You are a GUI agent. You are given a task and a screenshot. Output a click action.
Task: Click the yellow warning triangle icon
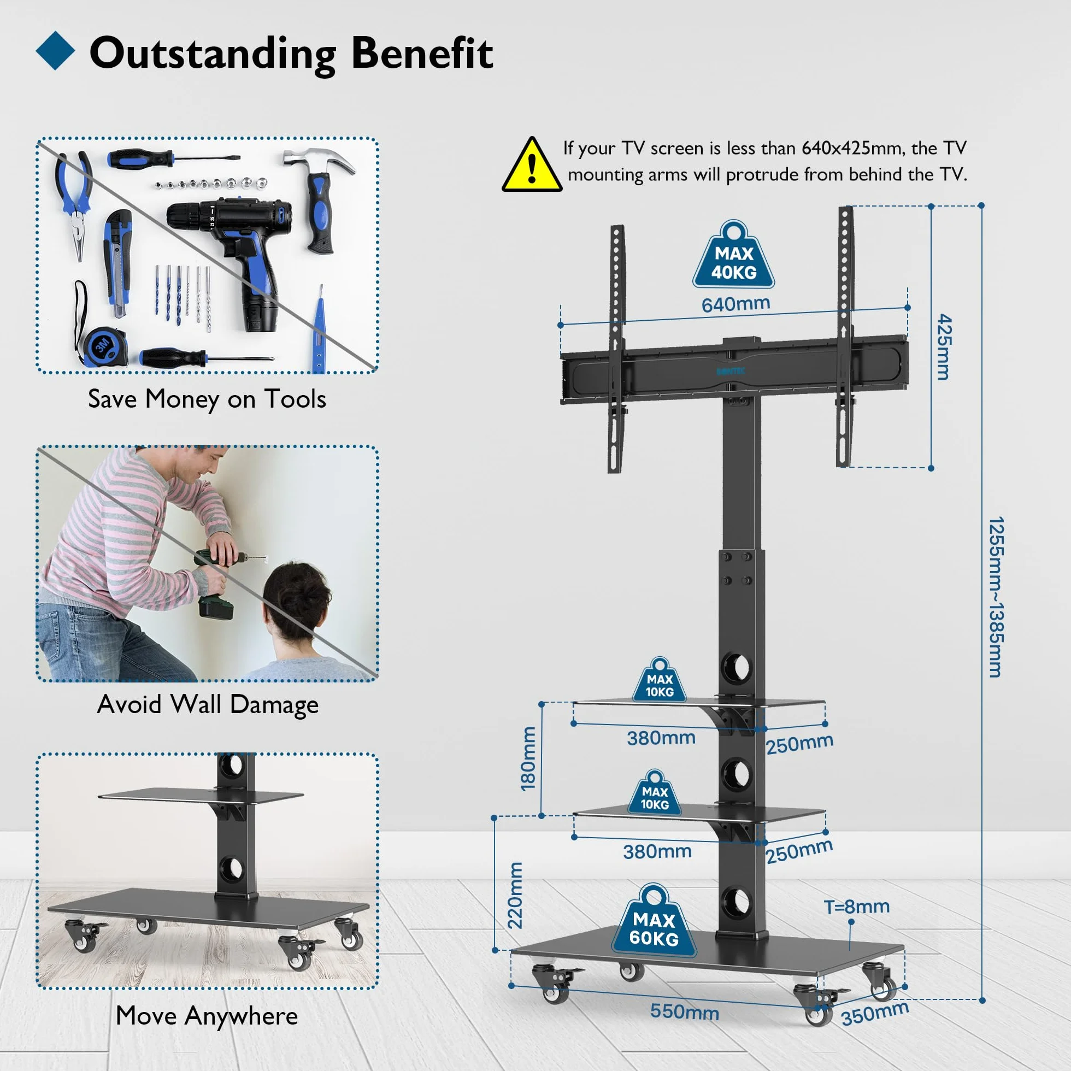tap(532, 166)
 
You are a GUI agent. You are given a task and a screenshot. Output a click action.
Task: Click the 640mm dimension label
tap(735, 304)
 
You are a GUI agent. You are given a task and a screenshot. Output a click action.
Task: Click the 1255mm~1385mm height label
tap(996, 597)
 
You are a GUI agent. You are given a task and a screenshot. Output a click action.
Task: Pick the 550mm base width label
tap(685, 1011)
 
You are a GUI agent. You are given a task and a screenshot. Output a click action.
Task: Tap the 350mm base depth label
tap(875, 1013)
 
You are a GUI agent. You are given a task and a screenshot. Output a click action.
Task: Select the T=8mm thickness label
tap(856, 907)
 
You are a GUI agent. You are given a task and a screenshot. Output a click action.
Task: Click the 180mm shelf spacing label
tap(528, 759)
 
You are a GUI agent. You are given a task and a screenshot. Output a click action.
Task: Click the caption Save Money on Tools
tap(207, 399)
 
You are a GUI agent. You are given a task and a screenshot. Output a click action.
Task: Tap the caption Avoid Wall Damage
tap(208, 704)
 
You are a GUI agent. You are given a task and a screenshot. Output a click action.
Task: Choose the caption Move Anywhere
tap(207, 1016)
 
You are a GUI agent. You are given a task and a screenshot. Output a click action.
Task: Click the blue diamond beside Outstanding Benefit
tap(55, 50)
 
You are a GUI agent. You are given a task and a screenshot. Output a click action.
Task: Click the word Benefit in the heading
tap(422, 53)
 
